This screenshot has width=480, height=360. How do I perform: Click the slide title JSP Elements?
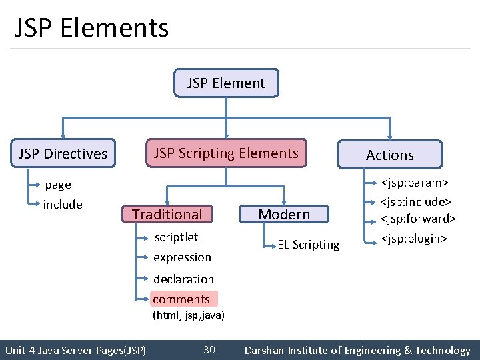click(x=91, y=28)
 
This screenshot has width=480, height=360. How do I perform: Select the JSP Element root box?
click(x=226, y=83)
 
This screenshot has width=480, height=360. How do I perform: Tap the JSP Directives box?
click(x=63, y=154)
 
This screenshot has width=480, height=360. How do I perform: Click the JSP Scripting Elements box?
click(x=227, y=153)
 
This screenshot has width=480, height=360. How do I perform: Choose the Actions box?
click(x=390, y=155)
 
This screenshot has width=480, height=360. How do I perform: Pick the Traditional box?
click(x=167, y=214)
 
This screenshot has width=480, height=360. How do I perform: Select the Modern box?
click(x=284, y=214)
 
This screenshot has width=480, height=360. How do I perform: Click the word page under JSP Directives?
click(x=58, y=185)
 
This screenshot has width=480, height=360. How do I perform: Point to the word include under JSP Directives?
click(x=63, y=205)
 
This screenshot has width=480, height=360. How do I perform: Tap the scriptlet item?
click(x=176, y=237)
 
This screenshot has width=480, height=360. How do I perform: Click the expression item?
click(x=182, y=257)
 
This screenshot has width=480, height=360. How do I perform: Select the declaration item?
click(x=184, y=279)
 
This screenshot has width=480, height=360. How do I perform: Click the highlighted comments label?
click(x=182, y=299)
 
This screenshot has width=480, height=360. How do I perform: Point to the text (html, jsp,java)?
click(x=189, y=315)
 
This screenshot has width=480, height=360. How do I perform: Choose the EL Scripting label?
click(x=309, y=245)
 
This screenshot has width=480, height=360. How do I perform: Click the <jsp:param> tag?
click(x=414, y=182)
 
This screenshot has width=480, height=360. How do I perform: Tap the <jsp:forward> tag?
click(x=418, y=219)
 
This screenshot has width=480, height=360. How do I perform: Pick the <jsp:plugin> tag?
click(x=413, y=239)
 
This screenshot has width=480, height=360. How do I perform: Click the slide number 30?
click(x=209, y=350)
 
